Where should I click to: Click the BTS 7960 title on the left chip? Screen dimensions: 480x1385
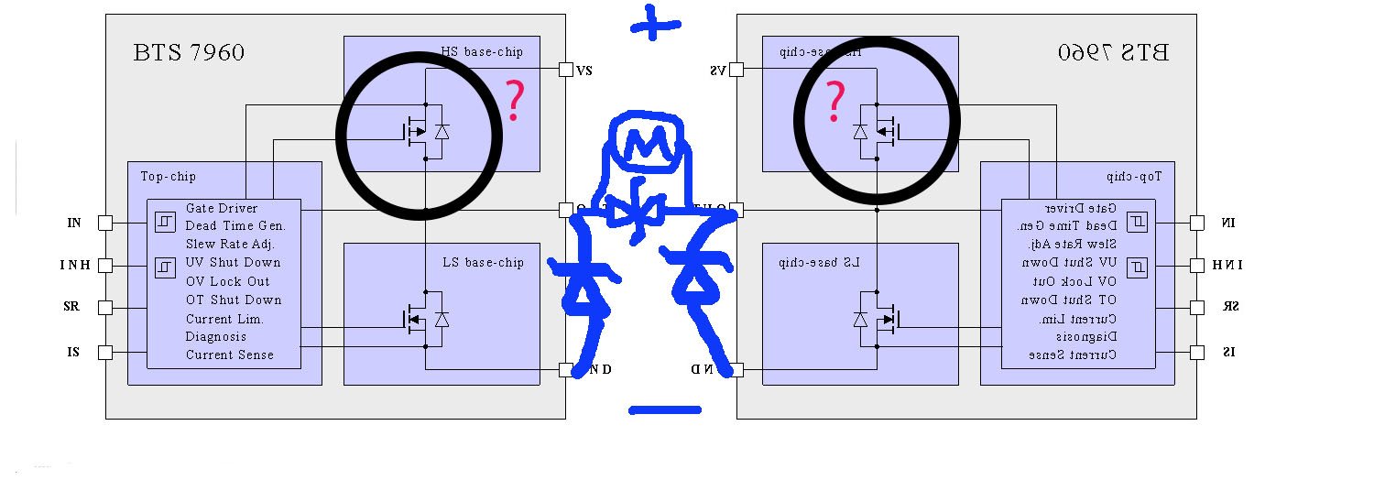pyautogui.click(x=190, y=52)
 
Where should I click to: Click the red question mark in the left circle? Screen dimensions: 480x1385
pyautogui.click(x=515, y=102)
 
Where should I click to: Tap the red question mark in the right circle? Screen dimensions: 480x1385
pyautogui.click(x=834, y=102)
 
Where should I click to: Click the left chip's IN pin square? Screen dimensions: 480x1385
pyautogui.click(x=105, y=223)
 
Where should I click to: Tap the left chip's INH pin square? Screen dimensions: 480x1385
pyautogui.click(x=105, y=266)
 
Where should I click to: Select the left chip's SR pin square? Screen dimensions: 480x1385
pyautogui.click(x=105, y=308)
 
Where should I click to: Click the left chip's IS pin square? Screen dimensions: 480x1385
pyautogui.click(x=105, y=351)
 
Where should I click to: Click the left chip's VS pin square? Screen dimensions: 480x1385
pyautogui.click(x=566, y=70)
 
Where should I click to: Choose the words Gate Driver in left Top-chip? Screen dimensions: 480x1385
pyautogui.click(x=222, y=208)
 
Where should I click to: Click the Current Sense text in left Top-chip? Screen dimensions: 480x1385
pyautogui.click(x=230, y=355)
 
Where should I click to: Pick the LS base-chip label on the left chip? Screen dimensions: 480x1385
pyautogui.click(x=483, y=263)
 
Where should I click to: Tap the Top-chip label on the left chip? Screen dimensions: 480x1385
pyautogui.click(x=168, y=176)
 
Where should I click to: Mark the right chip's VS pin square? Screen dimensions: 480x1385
pyautogui.click(x=736, y=70)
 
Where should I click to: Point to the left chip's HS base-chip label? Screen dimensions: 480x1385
pyautogui.click(x=482, y=52)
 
